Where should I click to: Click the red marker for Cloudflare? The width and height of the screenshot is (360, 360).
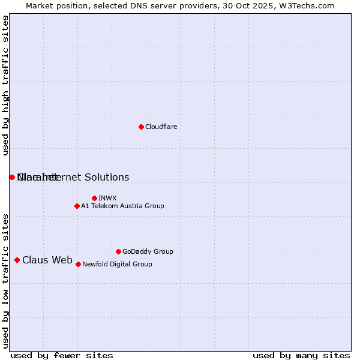pyautogui.click(x=141, y=127)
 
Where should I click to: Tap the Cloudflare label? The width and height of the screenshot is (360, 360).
pyautogui.click(x=161, y=127)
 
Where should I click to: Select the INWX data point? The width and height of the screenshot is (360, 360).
pyautogui.click(x=94, y=198)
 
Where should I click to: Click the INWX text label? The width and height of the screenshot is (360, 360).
pyautogui.click(x=107, y=198)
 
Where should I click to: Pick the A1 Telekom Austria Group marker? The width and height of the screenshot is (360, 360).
pyautogui.click(x=77, y=206)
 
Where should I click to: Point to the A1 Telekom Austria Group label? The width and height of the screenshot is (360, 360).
pyautogui.click(x=122, y=206)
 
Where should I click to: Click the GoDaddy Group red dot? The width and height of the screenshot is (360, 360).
pyautogui.click(x=118, y=251)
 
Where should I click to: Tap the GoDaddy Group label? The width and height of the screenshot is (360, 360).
pyautogui.click(x=148, y=251)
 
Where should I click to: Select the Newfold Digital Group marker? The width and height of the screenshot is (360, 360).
pyautogui.click(x=78, y=264)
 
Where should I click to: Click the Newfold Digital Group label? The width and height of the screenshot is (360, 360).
pyautogui.click(x=117, y=264)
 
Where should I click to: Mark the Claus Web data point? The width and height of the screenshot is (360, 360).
pyautogui.click(x=17, y=260)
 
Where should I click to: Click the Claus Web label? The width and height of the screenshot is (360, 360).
pyautogui.click(x=47, y=260)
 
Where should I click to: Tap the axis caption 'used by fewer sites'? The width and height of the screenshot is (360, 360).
pyautogui.click(x=62, y=355)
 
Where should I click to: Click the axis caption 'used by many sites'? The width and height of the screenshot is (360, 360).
pyautogui.click(x=301, y=355)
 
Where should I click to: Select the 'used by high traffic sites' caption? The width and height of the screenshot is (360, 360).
pyautogui.click(x=6, y=85)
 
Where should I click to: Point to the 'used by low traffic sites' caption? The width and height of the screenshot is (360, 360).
pyautogui.click(x=6, y=280)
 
